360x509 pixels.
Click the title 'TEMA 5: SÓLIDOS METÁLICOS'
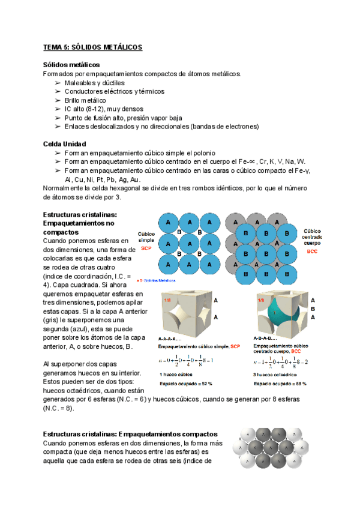pos(92,46)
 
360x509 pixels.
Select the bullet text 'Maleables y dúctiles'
pos(94,82)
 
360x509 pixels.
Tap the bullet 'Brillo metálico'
pos(85,100)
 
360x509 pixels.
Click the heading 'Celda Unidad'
pos(65,145)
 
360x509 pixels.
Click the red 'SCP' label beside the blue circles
pos(146,247)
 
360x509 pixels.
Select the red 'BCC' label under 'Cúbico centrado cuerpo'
pos(312,251)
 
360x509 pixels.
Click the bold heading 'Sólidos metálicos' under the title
pos(71,65)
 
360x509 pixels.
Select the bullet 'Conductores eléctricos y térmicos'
pos(114,91)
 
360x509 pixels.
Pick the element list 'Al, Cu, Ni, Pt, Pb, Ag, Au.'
pos(103,179)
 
